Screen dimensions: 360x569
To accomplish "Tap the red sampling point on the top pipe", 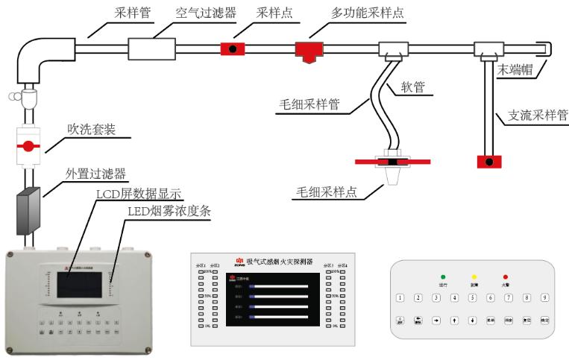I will (234, 49).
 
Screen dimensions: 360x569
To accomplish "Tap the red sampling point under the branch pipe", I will (488, 162).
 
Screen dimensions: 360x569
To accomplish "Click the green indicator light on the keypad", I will (442, 277).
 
